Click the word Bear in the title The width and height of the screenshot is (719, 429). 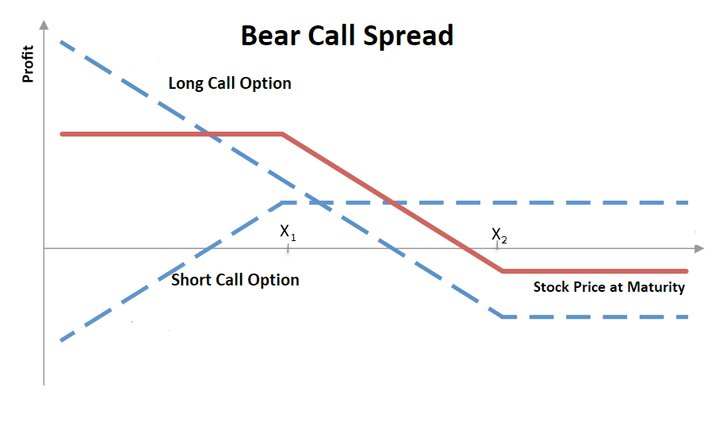pyautogui.click(x=270, y=36)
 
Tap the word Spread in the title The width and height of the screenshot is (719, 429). pyautogui.click(x=408, y=36)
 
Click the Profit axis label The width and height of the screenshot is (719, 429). pyautogui.click(x=28, y=63)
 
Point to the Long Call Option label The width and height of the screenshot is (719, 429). pyautogui.click(x=230, y=83)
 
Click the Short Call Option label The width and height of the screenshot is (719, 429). pyautogui.click(x=235, y=280)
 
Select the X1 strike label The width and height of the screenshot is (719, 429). pyautogui.click(x=288, y=232)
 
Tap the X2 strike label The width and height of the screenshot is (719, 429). pyautogui.click(x=499, y=236)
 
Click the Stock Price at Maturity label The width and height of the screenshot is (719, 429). pyautogui.click(x=609, y=287)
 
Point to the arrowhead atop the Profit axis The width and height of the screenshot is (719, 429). pyautogui.click(x=44, y=25)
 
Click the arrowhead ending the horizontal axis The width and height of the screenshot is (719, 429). pyautogui.click(x=699, y=249)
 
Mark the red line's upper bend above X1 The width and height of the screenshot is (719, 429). pyautogui.click(x=282, y=134)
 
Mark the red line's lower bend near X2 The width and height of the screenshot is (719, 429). pyautogui.click(x=503, y=271)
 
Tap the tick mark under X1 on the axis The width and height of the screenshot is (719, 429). pyautogui.click(x=288, y=248)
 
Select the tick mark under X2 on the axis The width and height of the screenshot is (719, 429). pyautogui.click(x=497, y=247)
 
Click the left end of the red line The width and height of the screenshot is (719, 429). pyautogui.click(x=62, y=134)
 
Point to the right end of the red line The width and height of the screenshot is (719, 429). pyautogui.click(x=686, y=271)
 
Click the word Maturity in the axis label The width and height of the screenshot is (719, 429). pyautogui.click(x=656, y=287)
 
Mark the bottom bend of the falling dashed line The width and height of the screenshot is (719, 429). pyautogui.click(x=503, y=316)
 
